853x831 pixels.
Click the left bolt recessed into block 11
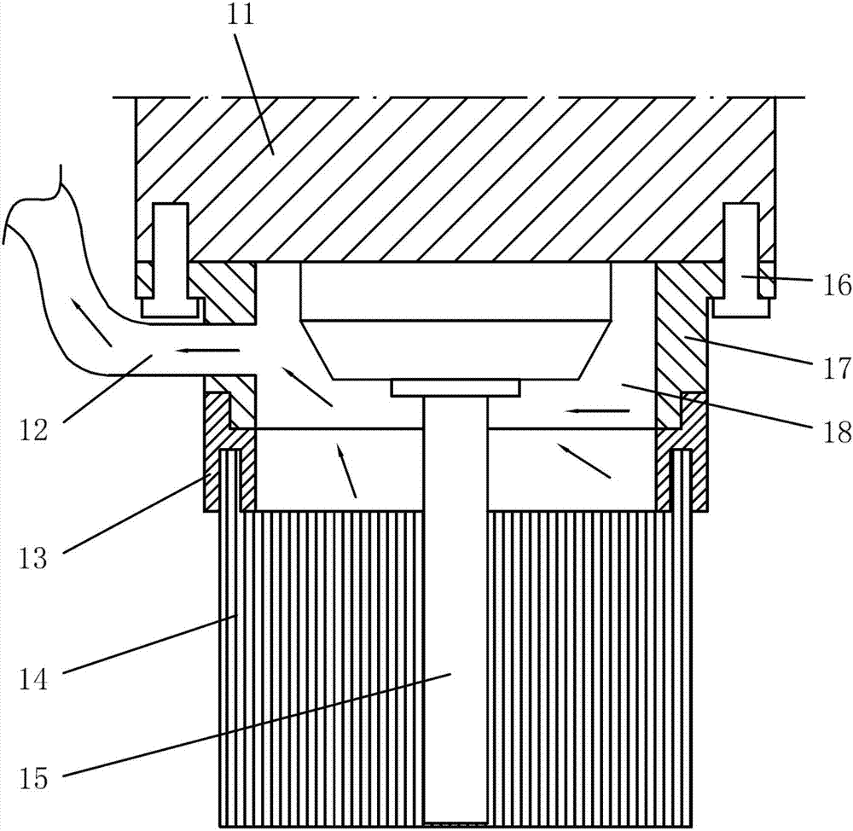coord(171,260)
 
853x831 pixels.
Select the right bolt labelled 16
coord(741,260)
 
